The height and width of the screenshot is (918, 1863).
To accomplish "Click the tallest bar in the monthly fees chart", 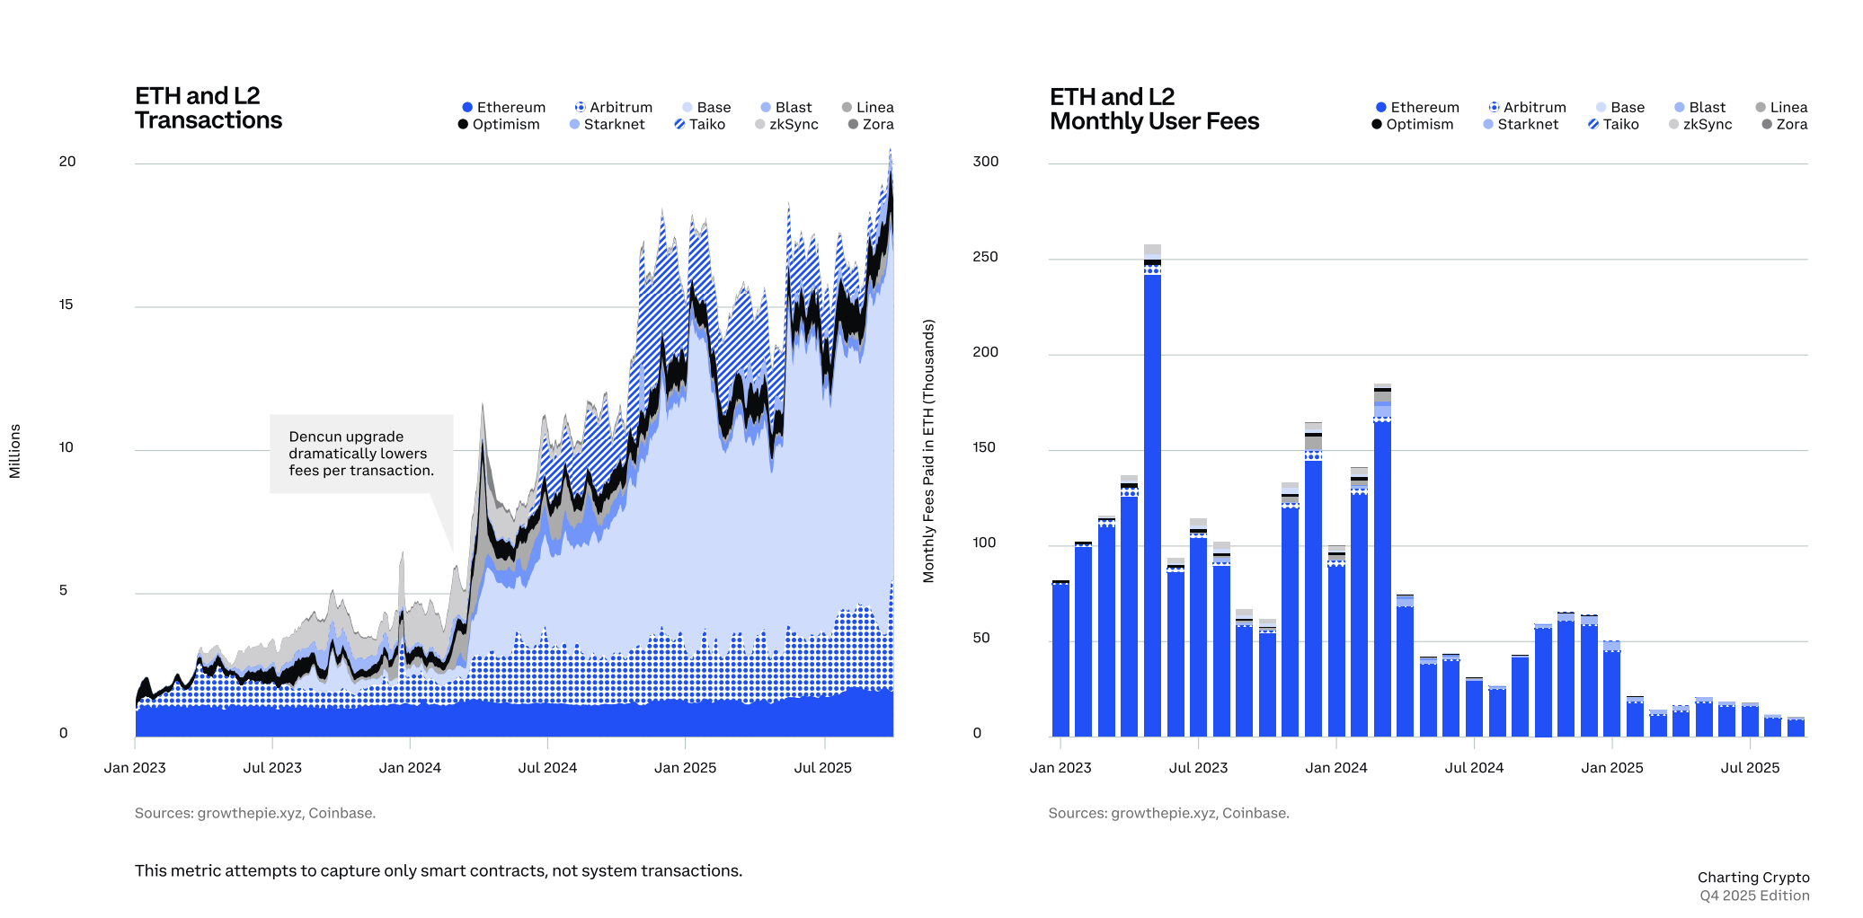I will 1152,503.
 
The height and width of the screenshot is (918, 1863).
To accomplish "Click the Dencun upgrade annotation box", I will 361,454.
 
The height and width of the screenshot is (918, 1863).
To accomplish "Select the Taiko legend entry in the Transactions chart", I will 700,125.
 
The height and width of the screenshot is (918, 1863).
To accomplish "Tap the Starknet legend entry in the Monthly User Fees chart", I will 1521,125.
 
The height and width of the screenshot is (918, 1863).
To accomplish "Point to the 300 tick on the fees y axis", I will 985,162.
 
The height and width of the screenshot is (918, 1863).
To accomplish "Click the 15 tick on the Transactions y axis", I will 66,305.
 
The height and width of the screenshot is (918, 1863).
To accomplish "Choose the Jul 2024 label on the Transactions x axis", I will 547,768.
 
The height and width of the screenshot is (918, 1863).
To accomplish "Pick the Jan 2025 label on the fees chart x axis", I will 1611,768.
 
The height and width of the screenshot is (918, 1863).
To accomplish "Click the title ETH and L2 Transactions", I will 208,109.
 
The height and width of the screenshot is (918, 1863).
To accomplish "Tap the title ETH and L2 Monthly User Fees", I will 1154,110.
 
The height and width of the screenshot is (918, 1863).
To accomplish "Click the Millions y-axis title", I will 14,451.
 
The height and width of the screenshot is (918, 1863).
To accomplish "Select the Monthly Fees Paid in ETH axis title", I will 928,451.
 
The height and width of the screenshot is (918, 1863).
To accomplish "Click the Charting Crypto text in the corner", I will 1752,878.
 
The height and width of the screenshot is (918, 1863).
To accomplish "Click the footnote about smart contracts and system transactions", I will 439,871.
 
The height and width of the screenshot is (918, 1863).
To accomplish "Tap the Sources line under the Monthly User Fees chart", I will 1168,814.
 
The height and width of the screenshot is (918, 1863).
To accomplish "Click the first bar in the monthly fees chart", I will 1060,660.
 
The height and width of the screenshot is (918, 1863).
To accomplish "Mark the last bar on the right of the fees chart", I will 1796,728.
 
